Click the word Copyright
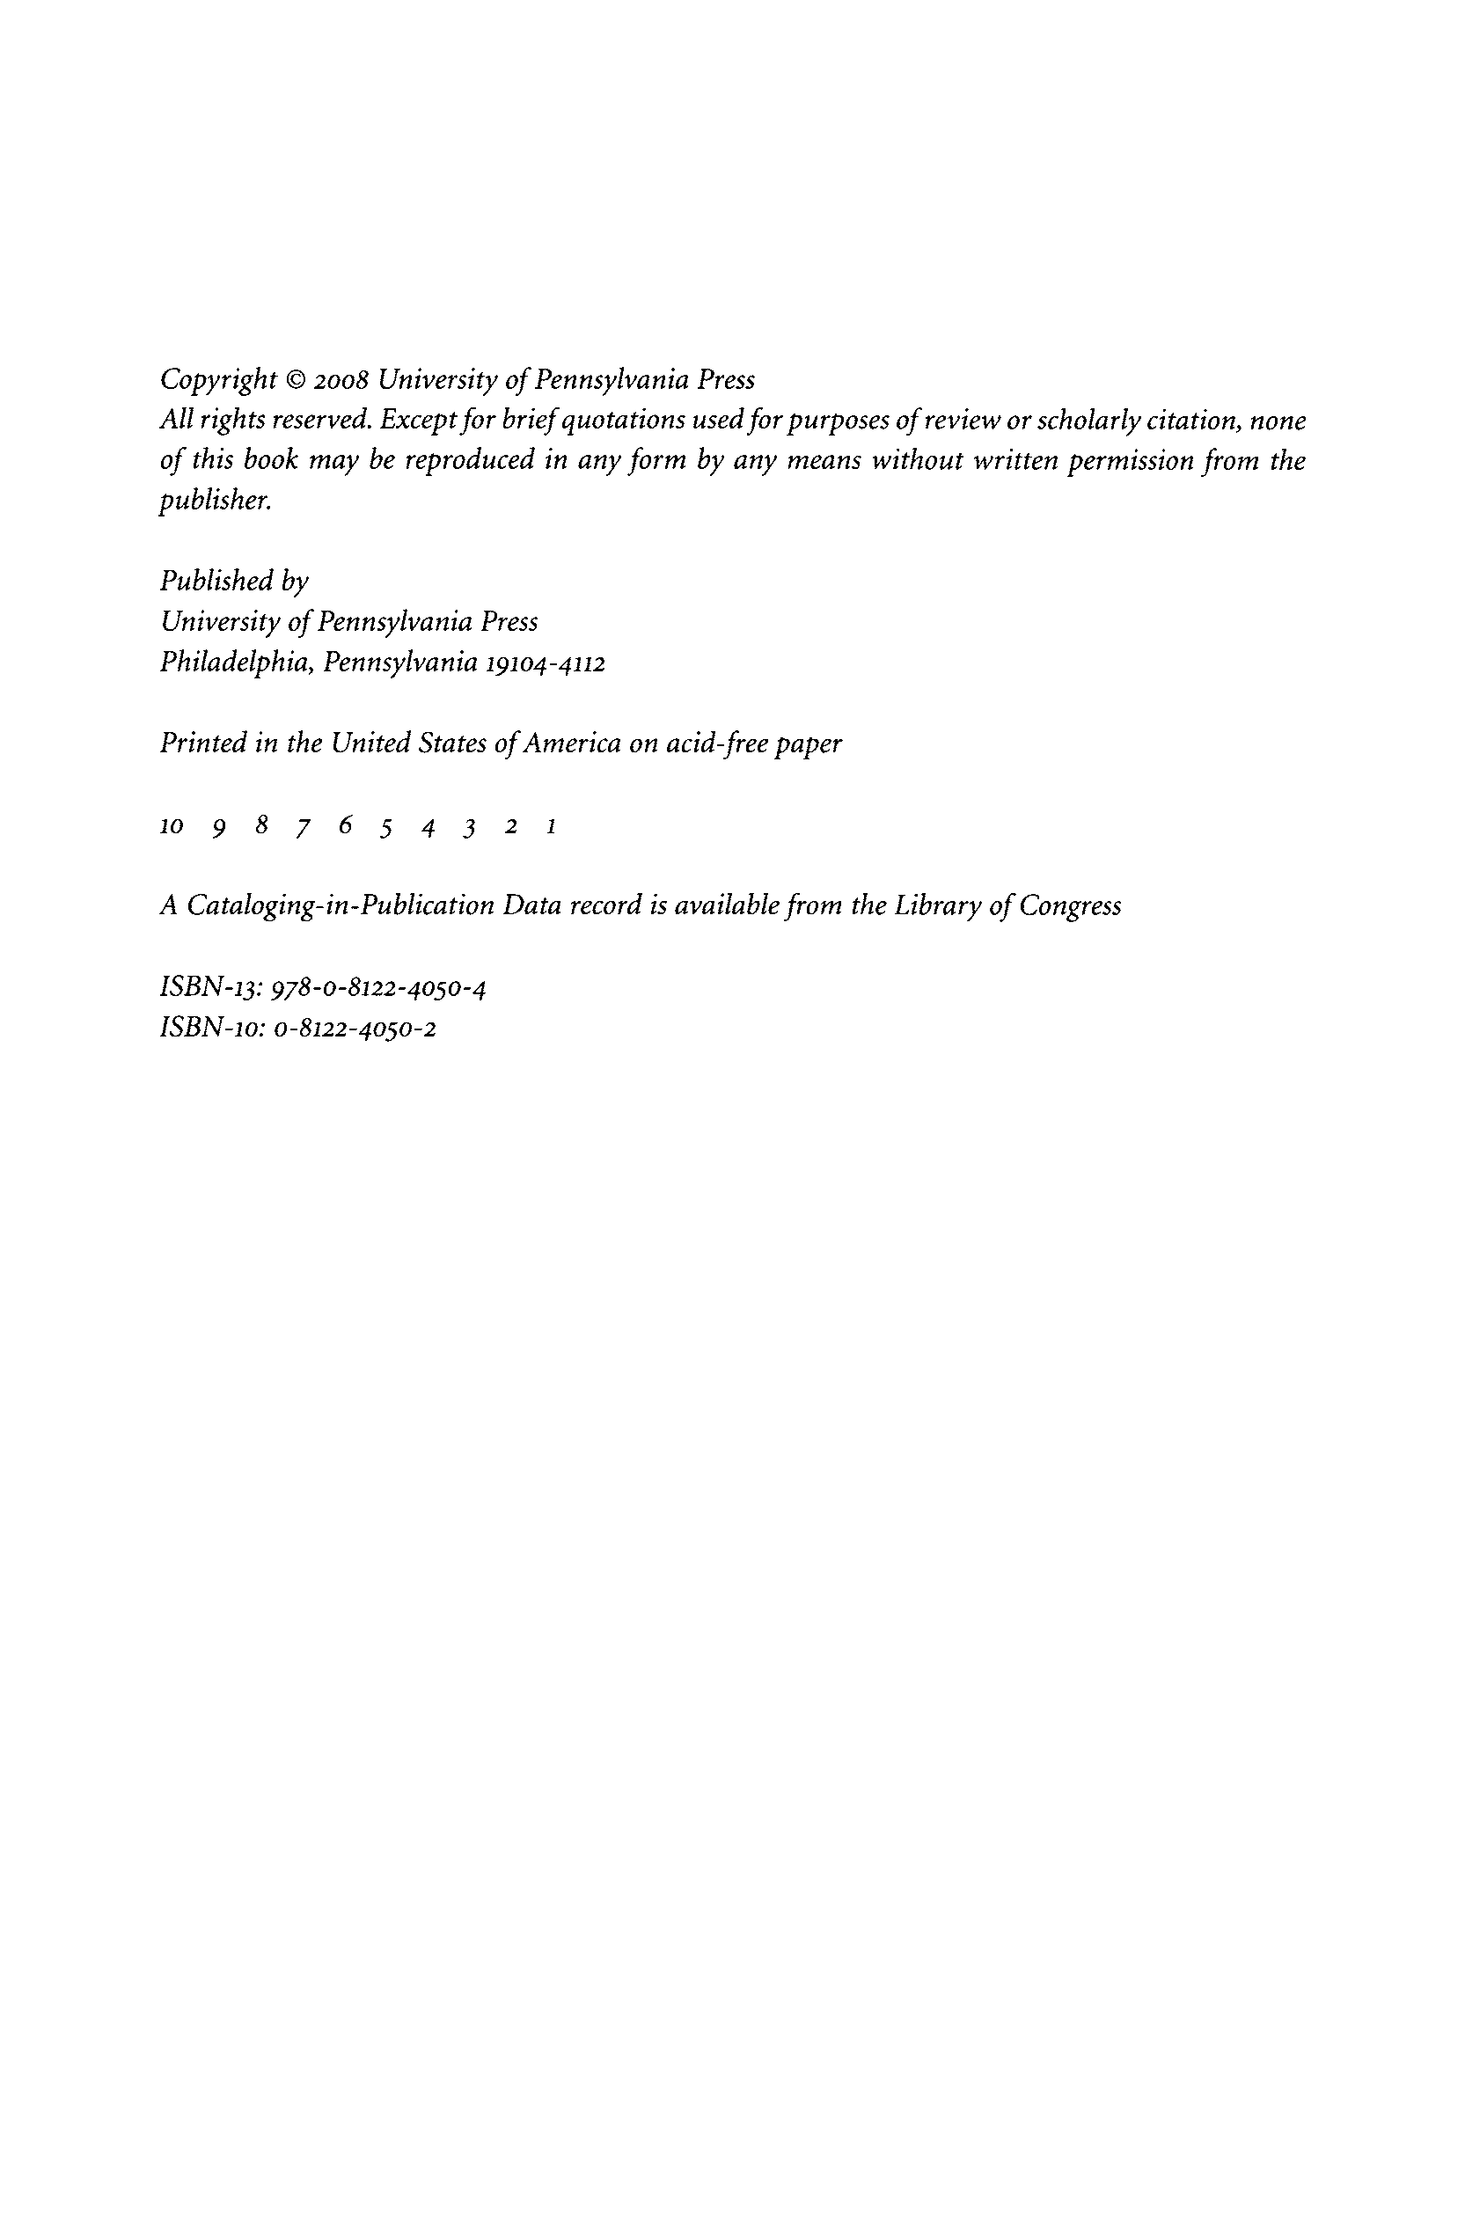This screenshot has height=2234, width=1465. click(x=217, y=380)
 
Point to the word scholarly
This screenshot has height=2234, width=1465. click(x=1088, y=421)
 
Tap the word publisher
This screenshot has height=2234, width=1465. click(x=215, y=502)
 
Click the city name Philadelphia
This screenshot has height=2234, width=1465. click(x=236, y=663)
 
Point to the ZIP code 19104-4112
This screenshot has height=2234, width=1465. click(x=545, y=663)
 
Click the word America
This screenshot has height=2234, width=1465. click(x=572, y=743)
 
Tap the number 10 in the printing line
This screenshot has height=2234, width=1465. click(x=171, y=827)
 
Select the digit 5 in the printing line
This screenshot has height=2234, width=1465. click(x=385, y=828)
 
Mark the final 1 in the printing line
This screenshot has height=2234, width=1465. click(x=552, y=827)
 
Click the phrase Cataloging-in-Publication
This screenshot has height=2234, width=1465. click(x=341, y=905)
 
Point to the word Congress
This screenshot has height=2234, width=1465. click(x=1070, y=905)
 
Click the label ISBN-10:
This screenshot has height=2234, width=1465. click(x=213, y=1028)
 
